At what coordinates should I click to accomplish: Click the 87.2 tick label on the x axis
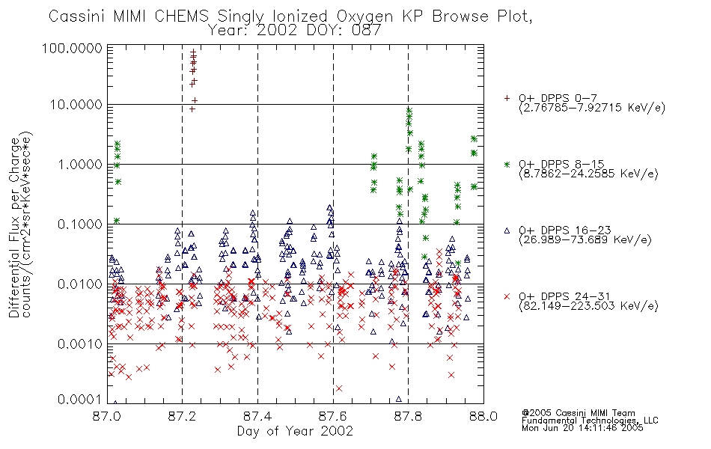183,416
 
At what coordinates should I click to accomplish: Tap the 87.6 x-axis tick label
333,416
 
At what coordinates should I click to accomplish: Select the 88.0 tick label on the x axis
483,416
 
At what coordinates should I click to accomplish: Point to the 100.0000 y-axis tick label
73,48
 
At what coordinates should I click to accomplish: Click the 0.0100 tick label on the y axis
80,284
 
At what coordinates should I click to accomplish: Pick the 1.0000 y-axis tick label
80,165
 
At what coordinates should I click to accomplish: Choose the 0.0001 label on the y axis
80,400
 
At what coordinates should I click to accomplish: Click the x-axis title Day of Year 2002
295,431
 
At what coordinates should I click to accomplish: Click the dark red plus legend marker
507,98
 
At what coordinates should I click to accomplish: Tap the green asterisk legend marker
507,164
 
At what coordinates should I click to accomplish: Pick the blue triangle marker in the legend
507,230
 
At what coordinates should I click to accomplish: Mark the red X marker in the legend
507,296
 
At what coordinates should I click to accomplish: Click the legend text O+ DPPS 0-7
558,98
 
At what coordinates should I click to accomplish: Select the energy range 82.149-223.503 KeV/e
588,306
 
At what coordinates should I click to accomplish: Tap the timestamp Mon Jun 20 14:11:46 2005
582,428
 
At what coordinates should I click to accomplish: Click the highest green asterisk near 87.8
409,110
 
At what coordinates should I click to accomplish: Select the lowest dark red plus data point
192,109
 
